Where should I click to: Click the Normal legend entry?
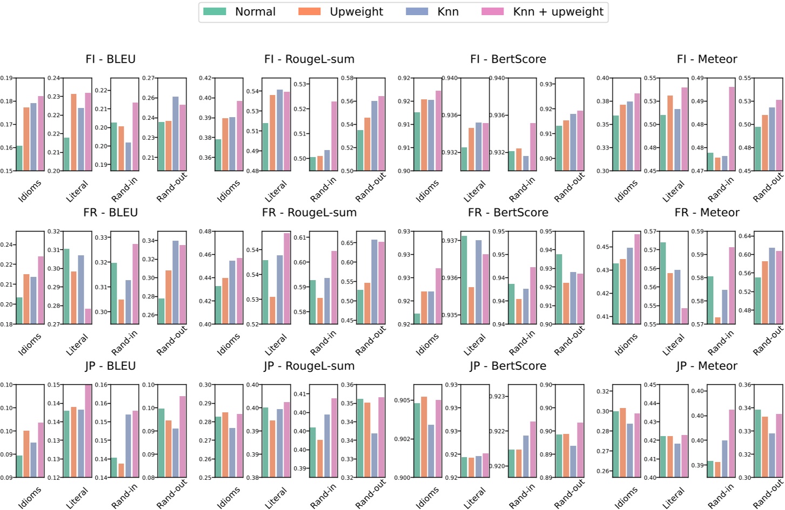[254, 12]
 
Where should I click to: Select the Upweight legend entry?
[356, 12]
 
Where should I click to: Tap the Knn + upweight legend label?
[558, 12]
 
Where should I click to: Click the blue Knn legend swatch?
[417, 12]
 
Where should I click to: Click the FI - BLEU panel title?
[110, 59]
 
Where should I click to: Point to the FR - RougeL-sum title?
[309, 213]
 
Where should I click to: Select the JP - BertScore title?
[508, 366]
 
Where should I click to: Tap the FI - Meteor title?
[707, 59]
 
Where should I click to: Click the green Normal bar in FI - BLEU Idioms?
[19, 158]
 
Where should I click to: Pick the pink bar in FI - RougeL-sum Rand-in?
[334, 136]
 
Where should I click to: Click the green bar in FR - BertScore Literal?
[464, 280]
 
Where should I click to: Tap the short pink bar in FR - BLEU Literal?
[88, 316]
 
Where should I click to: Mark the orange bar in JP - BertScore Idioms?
[424, 437]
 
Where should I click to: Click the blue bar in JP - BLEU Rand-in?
[129, 446]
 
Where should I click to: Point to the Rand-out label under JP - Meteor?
[768, 493]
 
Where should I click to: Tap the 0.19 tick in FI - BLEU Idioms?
[6, 78]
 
